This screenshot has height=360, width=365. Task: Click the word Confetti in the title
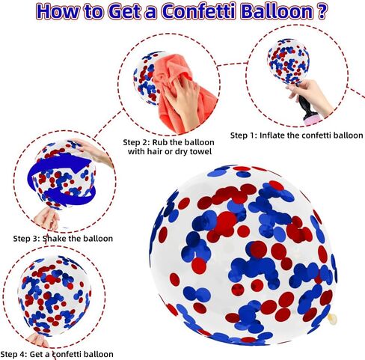pyautogui.click(x=198, y=11)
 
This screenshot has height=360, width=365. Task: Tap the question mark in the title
pyautogui.click(x=322, y=11)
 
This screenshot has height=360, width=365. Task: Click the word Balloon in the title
pyautogui.click(x=277, y=11)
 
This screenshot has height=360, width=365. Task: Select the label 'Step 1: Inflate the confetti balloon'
pyautogui.click(x=296, y=135)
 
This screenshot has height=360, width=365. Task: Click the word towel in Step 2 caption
pyautogui.click(x=200, y=151)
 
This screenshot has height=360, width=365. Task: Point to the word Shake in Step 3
pyautogui.click(x=55, y=239)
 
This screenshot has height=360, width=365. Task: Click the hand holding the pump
pyautogui.click(x=312, y=96)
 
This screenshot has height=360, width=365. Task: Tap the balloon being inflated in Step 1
pyautogui.click(x=288, y=61)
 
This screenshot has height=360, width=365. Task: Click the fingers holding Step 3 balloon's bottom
pyautogui.click(x=47, y=219)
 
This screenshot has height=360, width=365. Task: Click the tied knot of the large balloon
pyautogui.click(x=332, y=318)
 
